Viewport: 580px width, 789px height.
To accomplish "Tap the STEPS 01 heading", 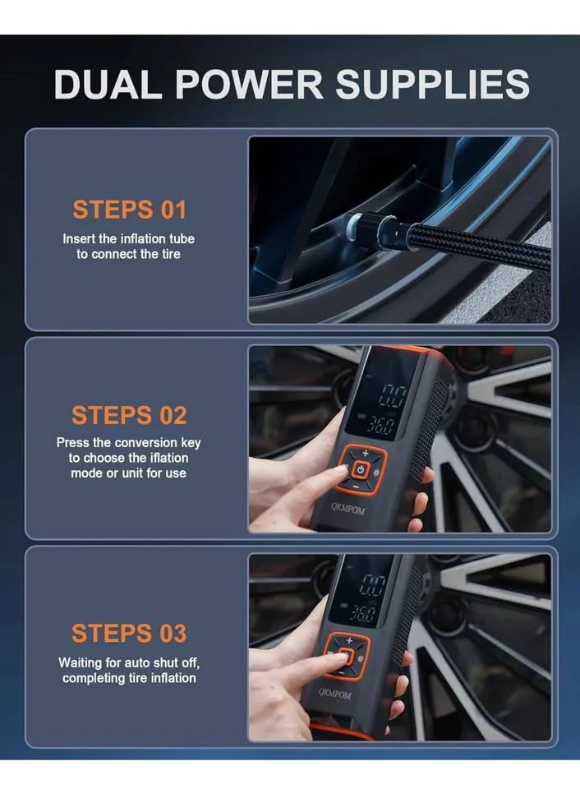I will coord(129,210).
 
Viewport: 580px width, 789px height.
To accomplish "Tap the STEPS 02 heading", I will coord(129,415).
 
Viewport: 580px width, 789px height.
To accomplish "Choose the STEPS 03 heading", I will coord(129,633).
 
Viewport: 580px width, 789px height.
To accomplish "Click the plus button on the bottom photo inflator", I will coord(348,639).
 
